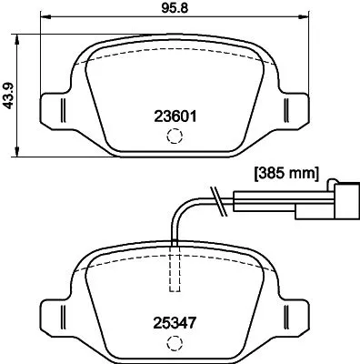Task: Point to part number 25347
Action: tap(173, 320)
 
